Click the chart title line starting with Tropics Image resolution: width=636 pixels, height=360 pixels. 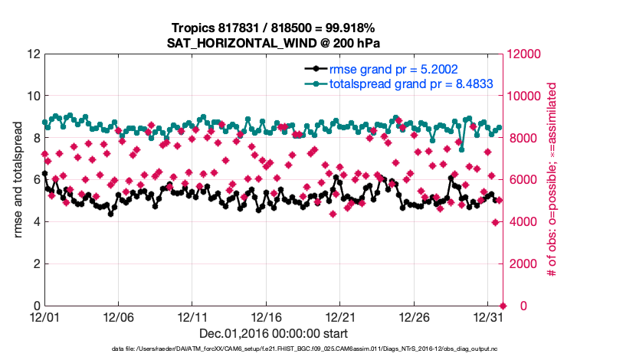[273, 27]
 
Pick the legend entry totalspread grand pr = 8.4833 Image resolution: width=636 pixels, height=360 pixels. [410, 83]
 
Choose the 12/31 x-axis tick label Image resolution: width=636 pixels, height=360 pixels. [488, 316]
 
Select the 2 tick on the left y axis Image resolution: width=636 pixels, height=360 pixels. [34, 263]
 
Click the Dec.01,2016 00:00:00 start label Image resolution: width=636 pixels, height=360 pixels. [273, 333]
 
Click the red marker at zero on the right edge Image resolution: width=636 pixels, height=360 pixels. [503, 306]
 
